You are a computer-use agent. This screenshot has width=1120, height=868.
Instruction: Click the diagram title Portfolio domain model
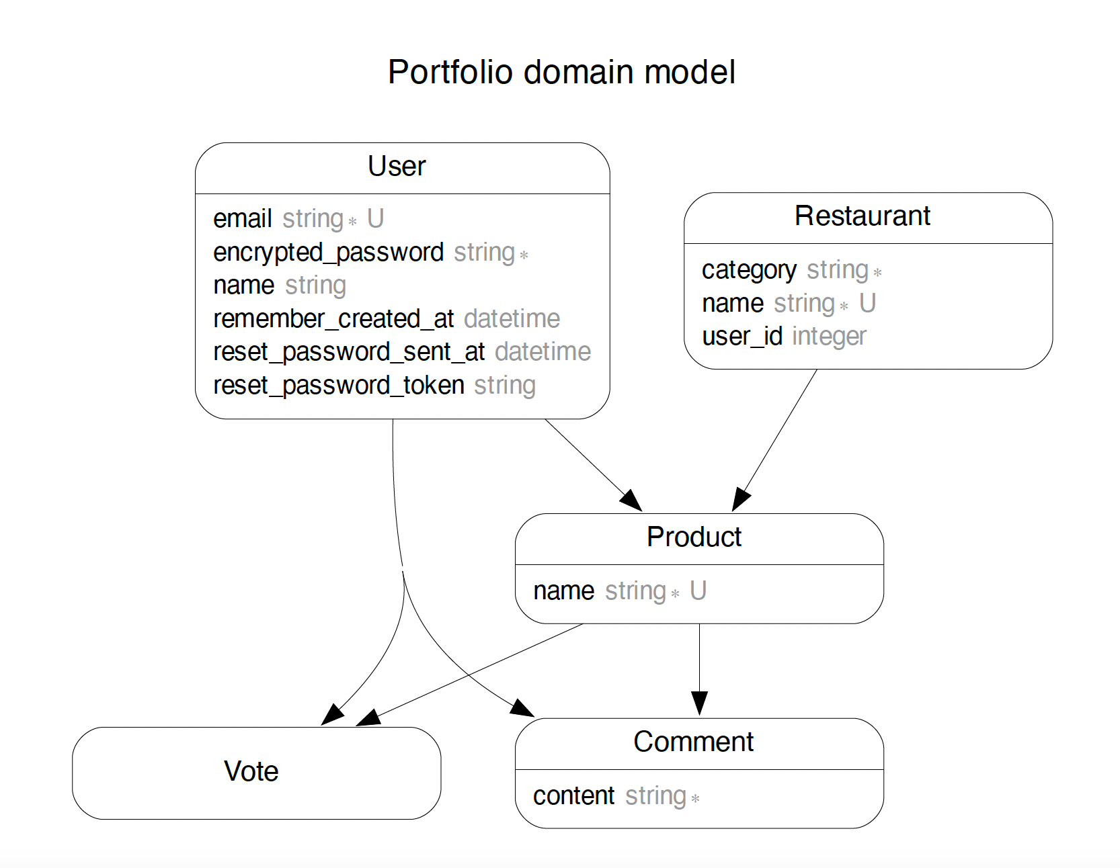pos(561,72)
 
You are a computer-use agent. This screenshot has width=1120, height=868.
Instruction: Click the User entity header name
pos(397,167)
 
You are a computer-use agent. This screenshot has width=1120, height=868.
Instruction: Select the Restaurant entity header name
pos(862,216)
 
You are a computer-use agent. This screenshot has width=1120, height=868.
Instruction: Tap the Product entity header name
pos(694,537)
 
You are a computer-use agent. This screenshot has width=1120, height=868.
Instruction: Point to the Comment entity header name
pos(693,742)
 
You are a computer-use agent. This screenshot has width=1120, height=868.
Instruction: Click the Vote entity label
pos(251,771)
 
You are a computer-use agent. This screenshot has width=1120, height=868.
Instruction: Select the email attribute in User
pos(242,219)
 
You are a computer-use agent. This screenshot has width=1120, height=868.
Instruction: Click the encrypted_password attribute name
pos(328,253)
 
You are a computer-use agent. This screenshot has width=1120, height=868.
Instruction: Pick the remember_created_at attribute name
pos(333,319)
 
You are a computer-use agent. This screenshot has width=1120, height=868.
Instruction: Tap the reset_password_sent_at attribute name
pos(349,352)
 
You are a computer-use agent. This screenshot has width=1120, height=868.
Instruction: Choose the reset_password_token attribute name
pos(338,386)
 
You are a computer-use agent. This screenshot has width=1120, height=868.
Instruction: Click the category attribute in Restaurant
pos(749,270)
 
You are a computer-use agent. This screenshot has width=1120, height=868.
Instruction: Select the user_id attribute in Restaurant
pos(742,337)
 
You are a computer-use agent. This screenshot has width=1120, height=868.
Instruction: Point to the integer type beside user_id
pos(829,337)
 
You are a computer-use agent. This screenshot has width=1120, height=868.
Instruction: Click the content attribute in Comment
pos(573,796)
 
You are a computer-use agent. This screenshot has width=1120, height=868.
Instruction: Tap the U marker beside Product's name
pos(698,591)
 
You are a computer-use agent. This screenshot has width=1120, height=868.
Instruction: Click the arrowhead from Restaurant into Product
pos(740,500)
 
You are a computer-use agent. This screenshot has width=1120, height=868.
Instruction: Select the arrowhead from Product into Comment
pos(699,703)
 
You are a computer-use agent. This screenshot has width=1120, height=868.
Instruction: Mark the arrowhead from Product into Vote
pos(368,718)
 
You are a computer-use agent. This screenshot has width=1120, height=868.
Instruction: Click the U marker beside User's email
pos(375,219)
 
